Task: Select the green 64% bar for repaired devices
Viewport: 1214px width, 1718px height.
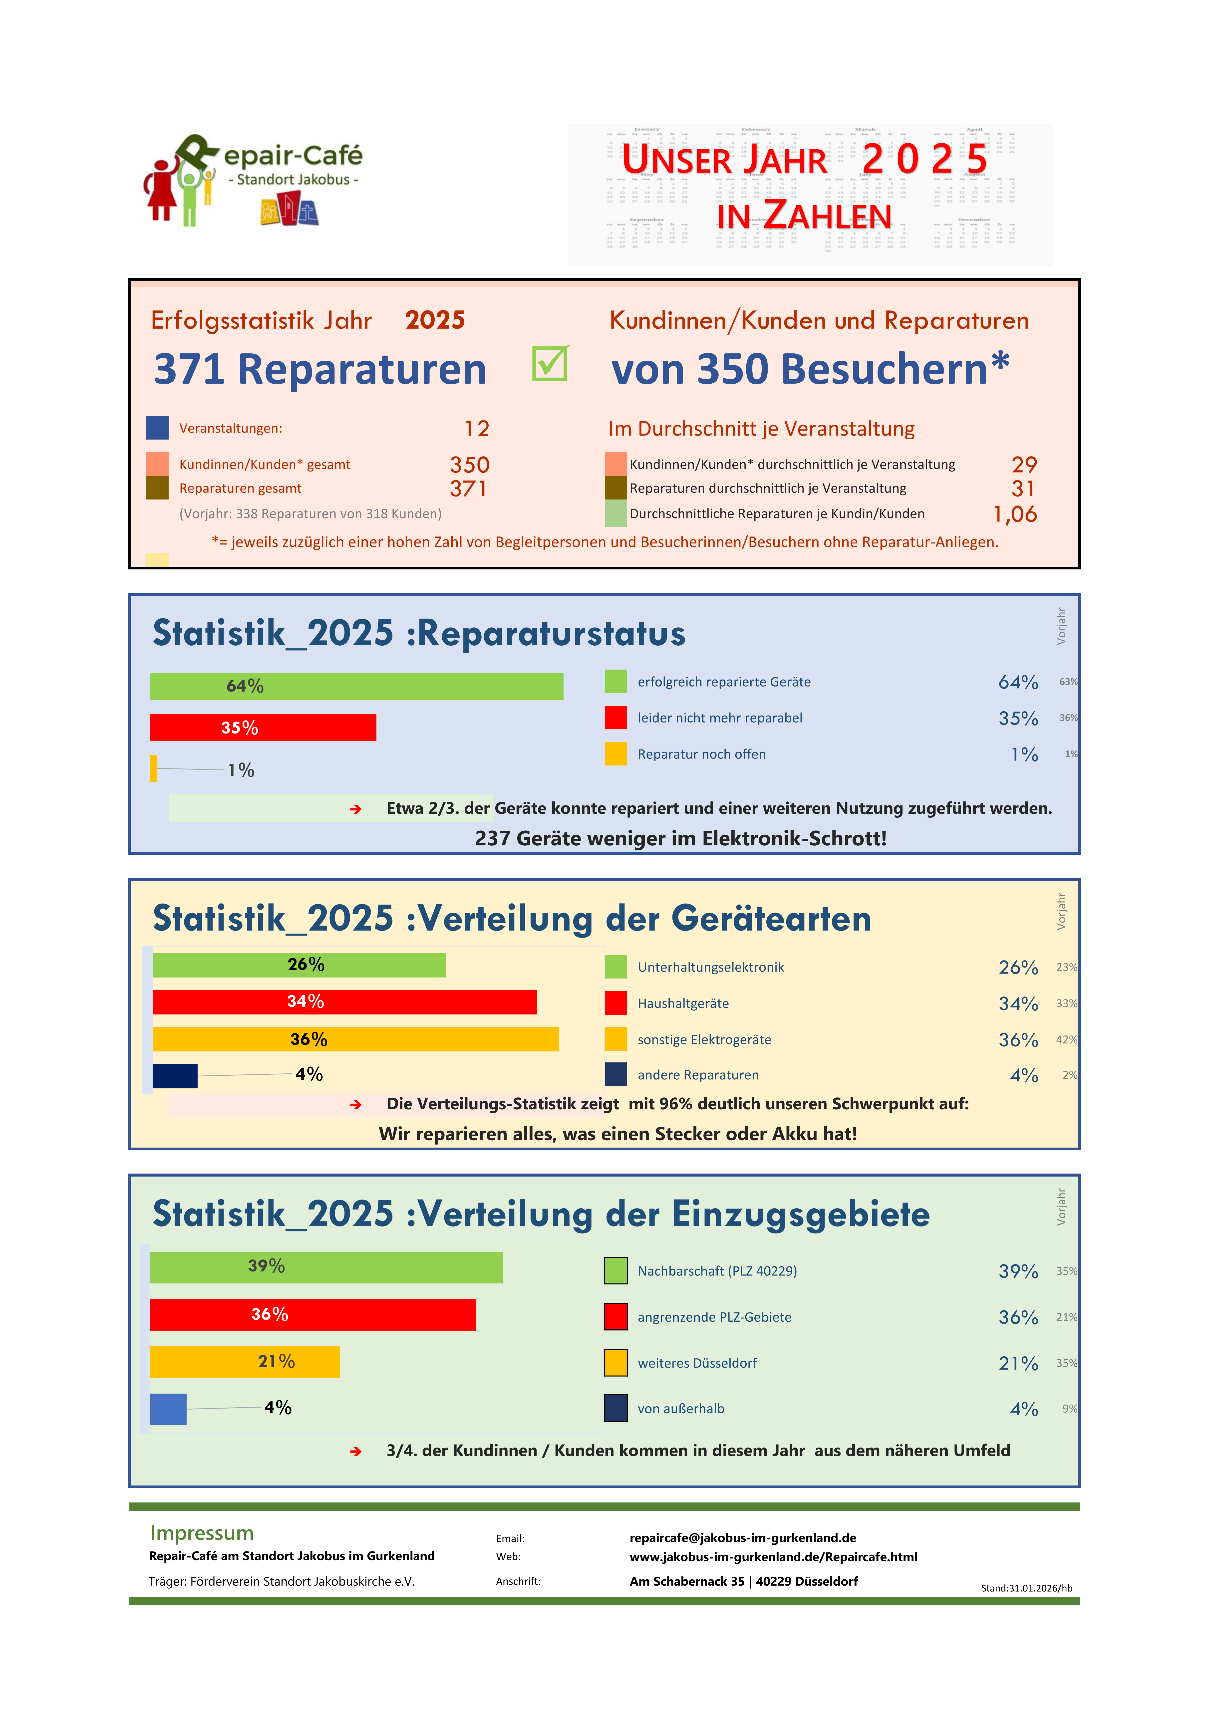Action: [356, 686]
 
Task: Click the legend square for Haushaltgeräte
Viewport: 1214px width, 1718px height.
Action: [615, 1003]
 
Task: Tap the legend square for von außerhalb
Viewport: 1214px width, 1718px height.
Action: [615, 1408]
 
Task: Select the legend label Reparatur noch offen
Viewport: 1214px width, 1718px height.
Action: [701, 754]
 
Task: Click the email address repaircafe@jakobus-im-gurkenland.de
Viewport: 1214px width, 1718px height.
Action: [742, 1538]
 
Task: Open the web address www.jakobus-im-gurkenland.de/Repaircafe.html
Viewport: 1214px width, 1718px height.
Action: [773, 1556]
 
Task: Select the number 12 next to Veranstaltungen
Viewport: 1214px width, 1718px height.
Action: [477, 429]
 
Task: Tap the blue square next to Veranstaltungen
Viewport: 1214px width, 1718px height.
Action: [157, 428]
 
